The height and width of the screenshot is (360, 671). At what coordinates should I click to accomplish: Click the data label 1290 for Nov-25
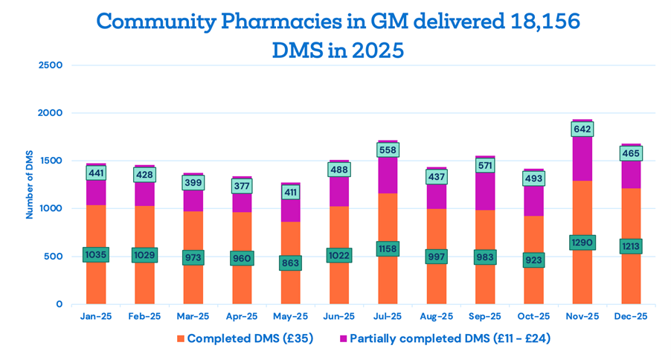coord(582,242)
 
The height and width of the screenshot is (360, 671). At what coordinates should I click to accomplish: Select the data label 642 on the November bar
coord(582,129)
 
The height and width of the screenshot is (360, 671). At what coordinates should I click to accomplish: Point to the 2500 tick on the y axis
coord(51,65)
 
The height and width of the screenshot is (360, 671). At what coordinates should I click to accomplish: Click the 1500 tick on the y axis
coord(51,161)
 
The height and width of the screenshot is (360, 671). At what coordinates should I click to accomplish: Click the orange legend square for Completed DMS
coord(180,338)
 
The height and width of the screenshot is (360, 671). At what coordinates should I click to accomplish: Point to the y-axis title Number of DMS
coord(30,184)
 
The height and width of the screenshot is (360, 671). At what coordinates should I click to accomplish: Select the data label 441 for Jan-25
coord(97,173)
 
